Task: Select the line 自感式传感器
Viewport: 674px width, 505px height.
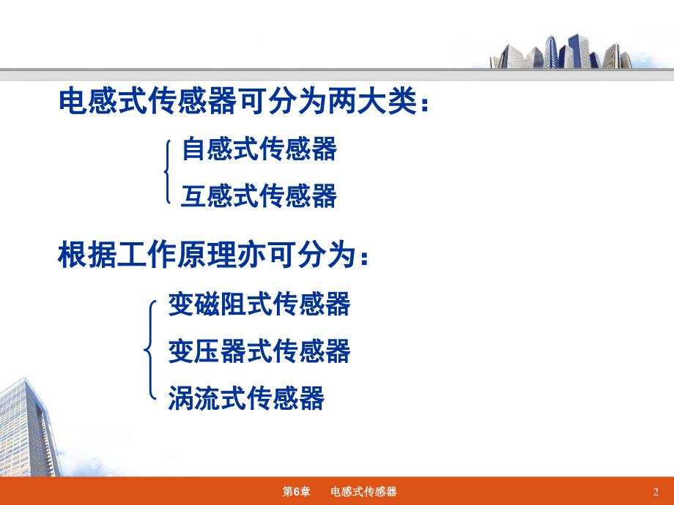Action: (259, 149)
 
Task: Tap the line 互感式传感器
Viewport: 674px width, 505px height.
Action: (259, 195)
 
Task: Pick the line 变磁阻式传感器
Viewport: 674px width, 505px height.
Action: (259, 304)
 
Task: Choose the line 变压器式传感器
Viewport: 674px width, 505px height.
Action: (259, 351)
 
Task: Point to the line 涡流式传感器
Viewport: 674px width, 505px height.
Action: (245, 399)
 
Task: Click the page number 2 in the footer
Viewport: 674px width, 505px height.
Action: (655, 491)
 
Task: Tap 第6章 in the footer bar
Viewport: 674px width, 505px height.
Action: (296, 491)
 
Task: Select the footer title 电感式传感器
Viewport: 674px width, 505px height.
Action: (363, 491)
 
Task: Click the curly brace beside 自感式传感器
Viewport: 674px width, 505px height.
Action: (168, 172)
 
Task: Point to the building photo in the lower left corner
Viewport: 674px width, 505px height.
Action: (29, 428)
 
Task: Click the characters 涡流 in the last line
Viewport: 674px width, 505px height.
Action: (194, 399)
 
